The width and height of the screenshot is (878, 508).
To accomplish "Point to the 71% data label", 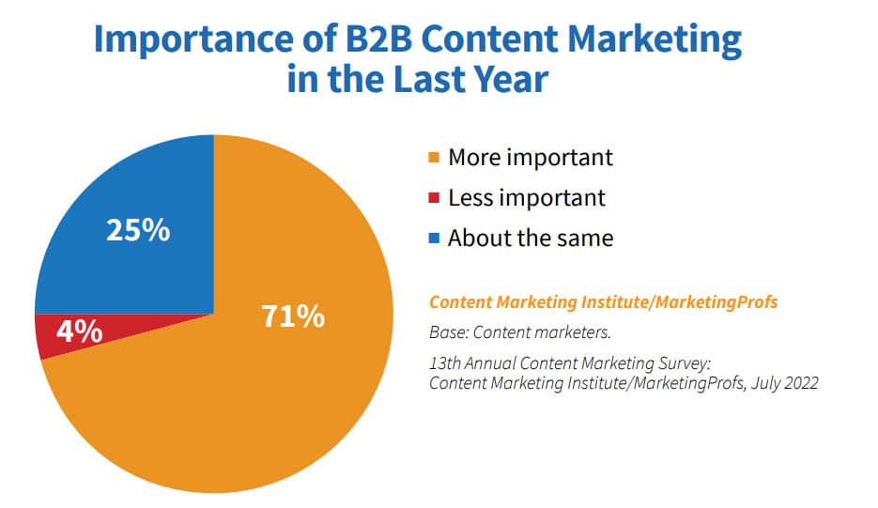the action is pyautogui.click(x=293, y=316).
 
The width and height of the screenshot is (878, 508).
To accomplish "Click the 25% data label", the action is pyautogui.click(x=138, y=230).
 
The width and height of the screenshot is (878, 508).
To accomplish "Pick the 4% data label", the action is pyautogui.click(x=80, y=331).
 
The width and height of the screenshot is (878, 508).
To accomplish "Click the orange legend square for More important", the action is pyautogui.click(x=434, y=158).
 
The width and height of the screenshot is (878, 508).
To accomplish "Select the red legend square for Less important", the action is pyautogui.click(x=434, y=198).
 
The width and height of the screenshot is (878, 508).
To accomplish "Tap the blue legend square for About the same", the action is pyautogui.click(x=434, y=239).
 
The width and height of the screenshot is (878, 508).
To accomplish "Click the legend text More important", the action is pyautogui.click(x=531, y=158).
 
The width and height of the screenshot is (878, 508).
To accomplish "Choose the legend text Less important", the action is pyautogui.click(x=527, y=198).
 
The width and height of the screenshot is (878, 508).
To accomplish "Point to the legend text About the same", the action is pyautogui.click(x=531, y=239).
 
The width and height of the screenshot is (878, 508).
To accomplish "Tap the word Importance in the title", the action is pyautogui.click(x=193, y=40).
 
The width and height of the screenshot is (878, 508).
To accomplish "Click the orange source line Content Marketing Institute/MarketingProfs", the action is pyautogui.click(x=604, y=302).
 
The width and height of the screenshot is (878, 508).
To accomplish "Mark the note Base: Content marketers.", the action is pyautogui.click(x=520, y=332).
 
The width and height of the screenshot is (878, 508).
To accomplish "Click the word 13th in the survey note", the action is pyautogui.click(x=444, y=363).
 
